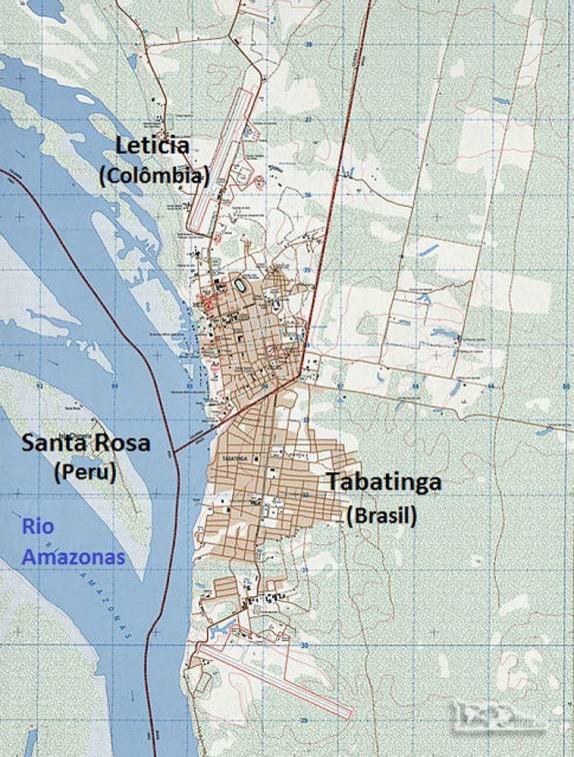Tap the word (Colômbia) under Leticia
154,176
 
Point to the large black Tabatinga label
384,483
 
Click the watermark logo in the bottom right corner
510,722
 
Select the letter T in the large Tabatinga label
333,483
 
